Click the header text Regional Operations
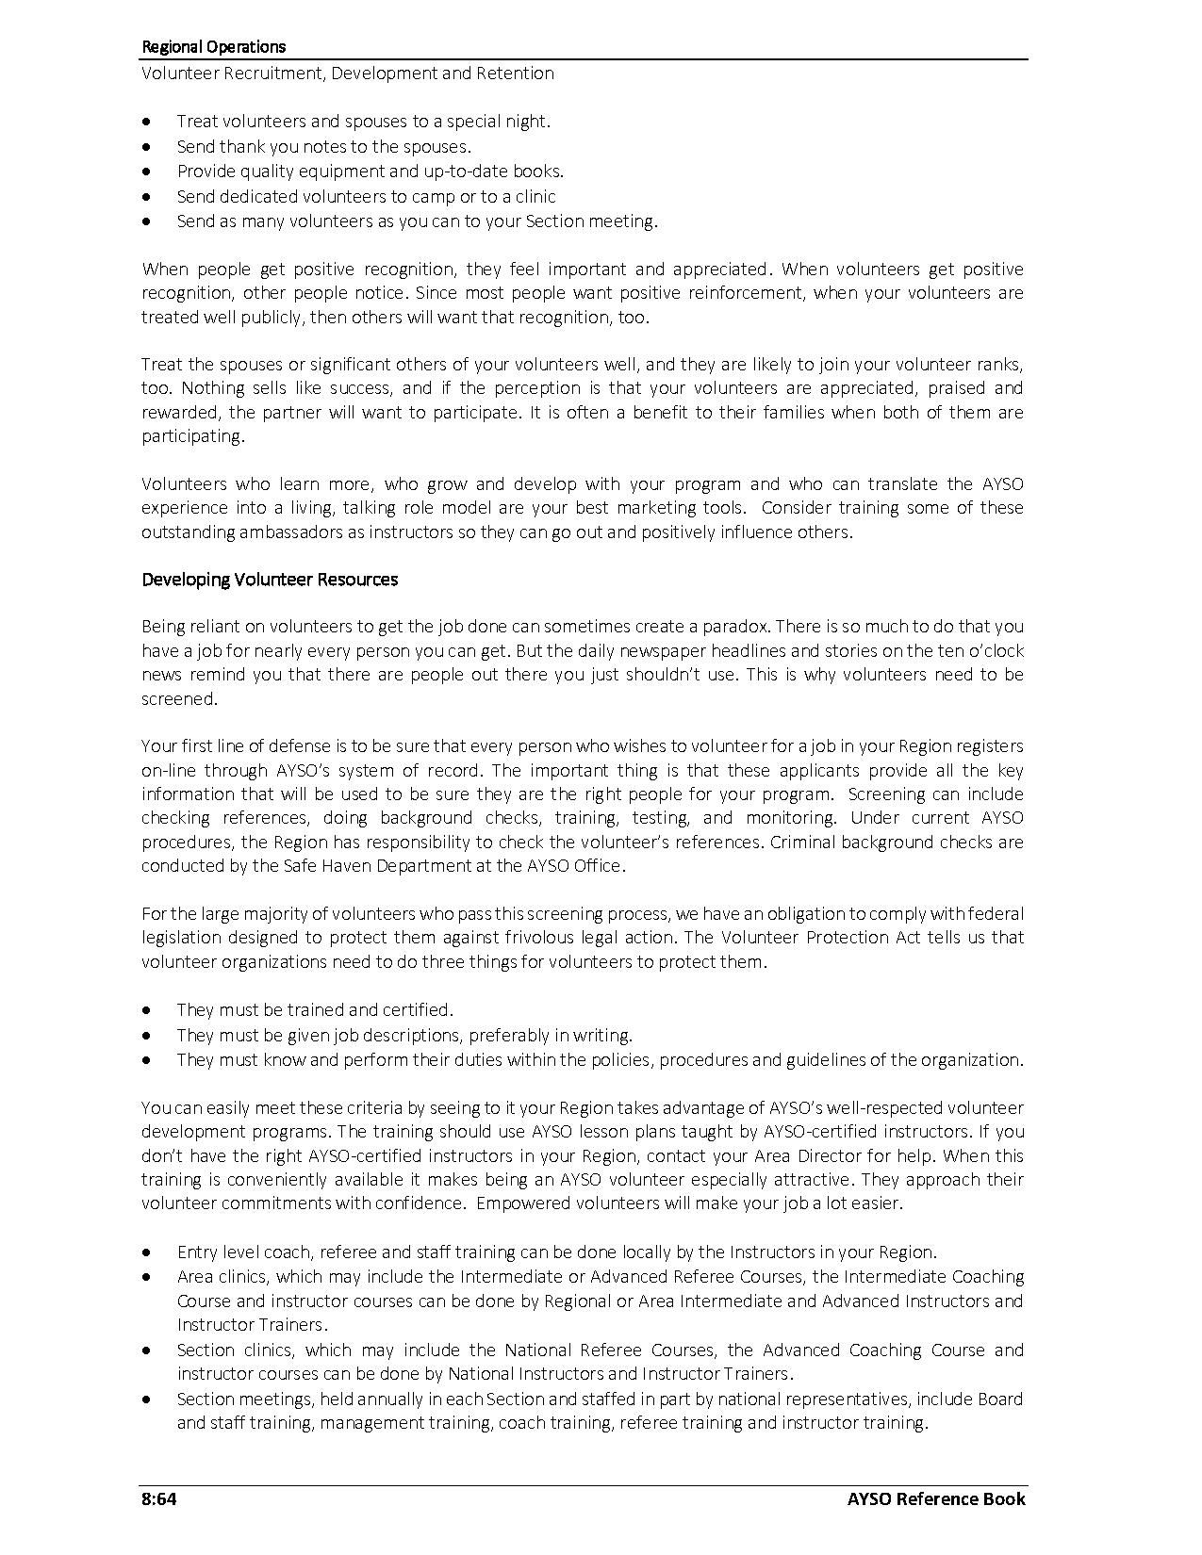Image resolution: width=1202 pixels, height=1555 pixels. tap(213, 46)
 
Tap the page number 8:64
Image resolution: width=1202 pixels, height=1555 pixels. tap(159, 1498)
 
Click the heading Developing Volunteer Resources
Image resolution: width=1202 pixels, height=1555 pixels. tap(270, 579)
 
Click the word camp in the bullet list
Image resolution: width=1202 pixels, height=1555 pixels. tap(435, 196)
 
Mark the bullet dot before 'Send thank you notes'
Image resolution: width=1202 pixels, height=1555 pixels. tap(146, 147)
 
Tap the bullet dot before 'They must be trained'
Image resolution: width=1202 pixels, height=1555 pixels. tap(146, 1010)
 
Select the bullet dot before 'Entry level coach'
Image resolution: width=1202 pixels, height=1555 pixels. tap(146, 1252)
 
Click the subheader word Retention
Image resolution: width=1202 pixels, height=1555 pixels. tap(517, 73)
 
